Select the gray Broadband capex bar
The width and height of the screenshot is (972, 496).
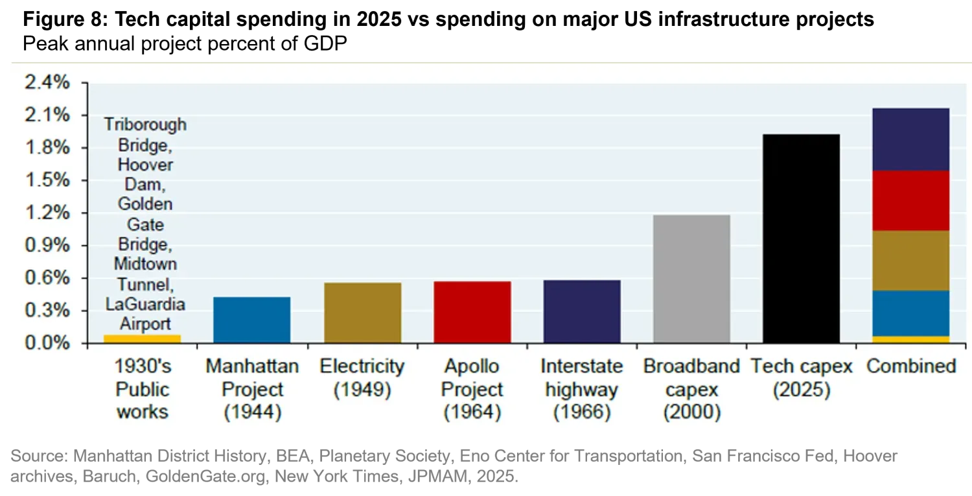pyautogui.click(x=691, y=279)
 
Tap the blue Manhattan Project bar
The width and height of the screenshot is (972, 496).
pyautogui.click(x=252, y=320)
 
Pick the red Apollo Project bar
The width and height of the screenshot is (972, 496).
pyautogui.click(x=472, y=312)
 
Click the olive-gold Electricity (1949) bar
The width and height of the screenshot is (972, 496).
pyautogui.click(x=362, y=313)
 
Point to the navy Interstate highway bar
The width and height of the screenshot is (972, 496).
pyautogui.click(x=581, y=311)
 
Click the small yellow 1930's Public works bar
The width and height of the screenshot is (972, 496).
pyautogui.click(x=142, y=338)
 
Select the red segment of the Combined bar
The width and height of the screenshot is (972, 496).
pyautogui.click(x=911, y=201)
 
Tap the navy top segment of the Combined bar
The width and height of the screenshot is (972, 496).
pyautogui.click(x=911, y=139)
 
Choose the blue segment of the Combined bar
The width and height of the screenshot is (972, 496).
pyautogui.click(x=911, y=313)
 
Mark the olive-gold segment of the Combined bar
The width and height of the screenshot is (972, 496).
pyautogui.click(x=911, y=261)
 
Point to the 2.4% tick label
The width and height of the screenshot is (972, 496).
pyautogui.click(x=46, y=83)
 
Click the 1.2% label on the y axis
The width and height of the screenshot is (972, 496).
pyautogui.click(x=46, y=213)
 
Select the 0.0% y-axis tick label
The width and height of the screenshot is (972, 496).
pyautogui.click(x=46, y=343)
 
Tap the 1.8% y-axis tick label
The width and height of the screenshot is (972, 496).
pyautogui.click(x=46, y=148)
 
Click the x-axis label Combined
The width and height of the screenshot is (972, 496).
pyautogui.click(x=911, y=366)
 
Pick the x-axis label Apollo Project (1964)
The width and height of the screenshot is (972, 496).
pyautogui.click(x=472, y=389)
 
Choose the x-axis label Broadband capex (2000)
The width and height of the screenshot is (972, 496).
pyautogui.click(x=691, y=389)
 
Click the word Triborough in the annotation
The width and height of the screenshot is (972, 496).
pyautogui.click(x=145, y=124)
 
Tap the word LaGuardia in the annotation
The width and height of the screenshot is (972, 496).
pyautogui.click(x=145, y=304)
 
